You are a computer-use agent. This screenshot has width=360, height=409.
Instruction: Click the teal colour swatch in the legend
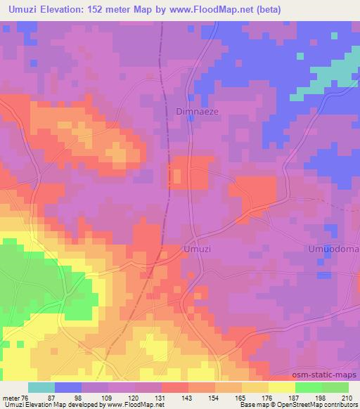click(41, 387)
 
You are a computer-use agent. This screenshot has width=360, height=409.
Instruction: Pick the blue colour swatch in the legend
click(68, 387)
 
